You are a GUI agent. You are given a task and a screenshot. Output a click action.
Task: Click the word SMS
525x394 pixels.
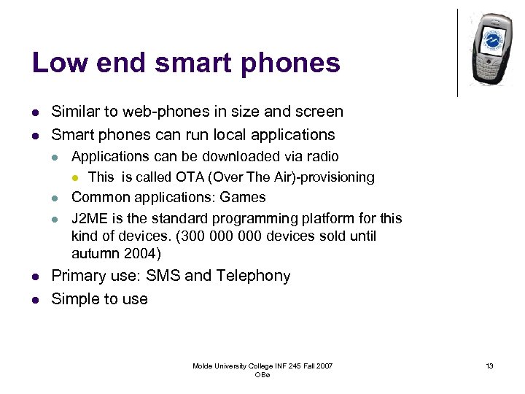164,276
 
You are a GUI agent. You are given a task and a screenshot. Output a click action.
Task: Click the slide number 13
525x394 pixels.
490,366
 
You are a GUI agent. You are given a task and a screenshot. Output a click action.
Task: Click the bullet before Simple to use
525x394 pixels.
36,299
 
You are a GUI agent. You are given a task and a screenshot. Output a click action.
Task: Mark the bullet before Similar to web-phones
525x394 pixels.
36,112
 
